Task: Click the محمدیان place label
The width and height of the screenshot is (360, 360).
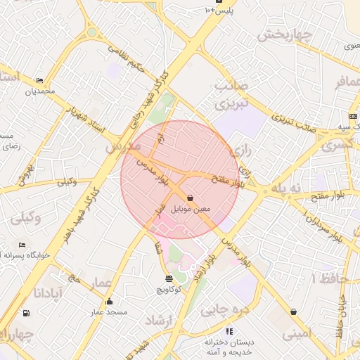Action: [x=40, y=91]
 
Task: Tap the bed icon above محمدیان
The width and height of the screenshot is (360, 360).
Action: [x=40, y=81]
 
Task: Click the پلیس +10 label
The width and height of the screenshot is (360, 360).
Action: [x=218, y=11]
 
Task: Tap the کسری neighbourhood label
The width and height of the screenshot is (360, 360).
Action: [x=335, y=146]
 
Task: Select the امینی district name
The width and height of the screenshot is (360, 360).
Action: [x=295, y=335]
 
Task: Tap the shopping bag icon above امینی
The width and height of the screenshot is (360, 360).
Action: [x=293, y=311]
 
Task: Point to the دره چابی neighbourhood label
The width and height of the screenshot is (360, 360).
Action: [x=225, y=309]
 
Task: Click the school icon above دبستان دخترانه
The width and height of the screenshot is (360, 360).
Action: [x=229, y=330]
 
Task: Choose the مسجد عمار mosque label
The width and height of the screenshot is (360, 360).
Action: [x=108, y=311]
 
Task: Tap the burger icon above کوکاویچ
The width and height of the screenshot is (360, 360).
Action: [x=169, y=279]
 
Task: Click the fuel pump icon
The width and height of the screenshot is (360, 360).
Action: [x=26, y=313]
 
